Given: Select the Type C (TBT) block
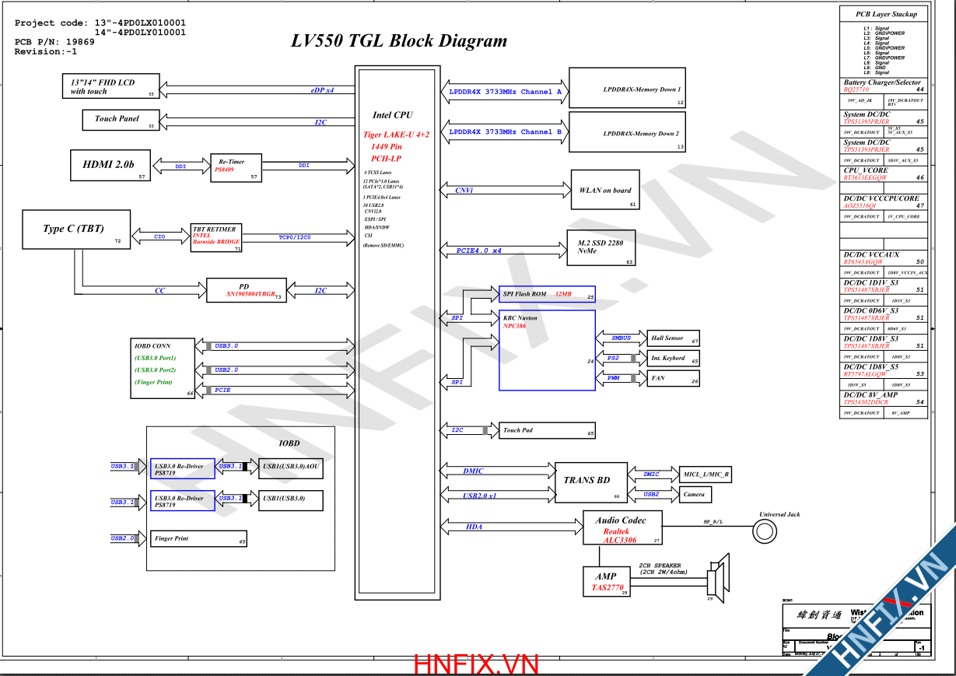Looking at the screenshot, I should coord(76,229).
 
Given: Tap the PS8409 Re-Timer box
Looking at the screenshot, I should coord(236,168).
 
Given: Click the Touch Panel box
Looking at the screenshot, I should coord(121,120).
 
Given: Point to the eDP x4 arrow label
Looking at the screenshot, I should coord(322,90).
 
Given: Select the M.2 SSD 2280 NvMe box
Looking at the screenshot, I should coord(601,247).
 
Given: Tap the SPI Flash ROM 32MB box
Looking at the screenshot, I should coord(547,295).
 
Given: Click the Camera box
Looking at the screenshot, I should coord(695,494).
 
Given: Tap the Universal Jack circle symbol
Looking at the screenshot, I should coord(765,531).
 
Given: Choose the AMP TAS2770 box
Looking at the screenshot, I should coord(605,582).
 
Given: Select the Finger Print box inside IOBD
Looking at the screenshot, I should coord(198,538).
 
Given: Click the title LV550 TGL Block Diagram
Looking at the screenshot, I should coord(399,41).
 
